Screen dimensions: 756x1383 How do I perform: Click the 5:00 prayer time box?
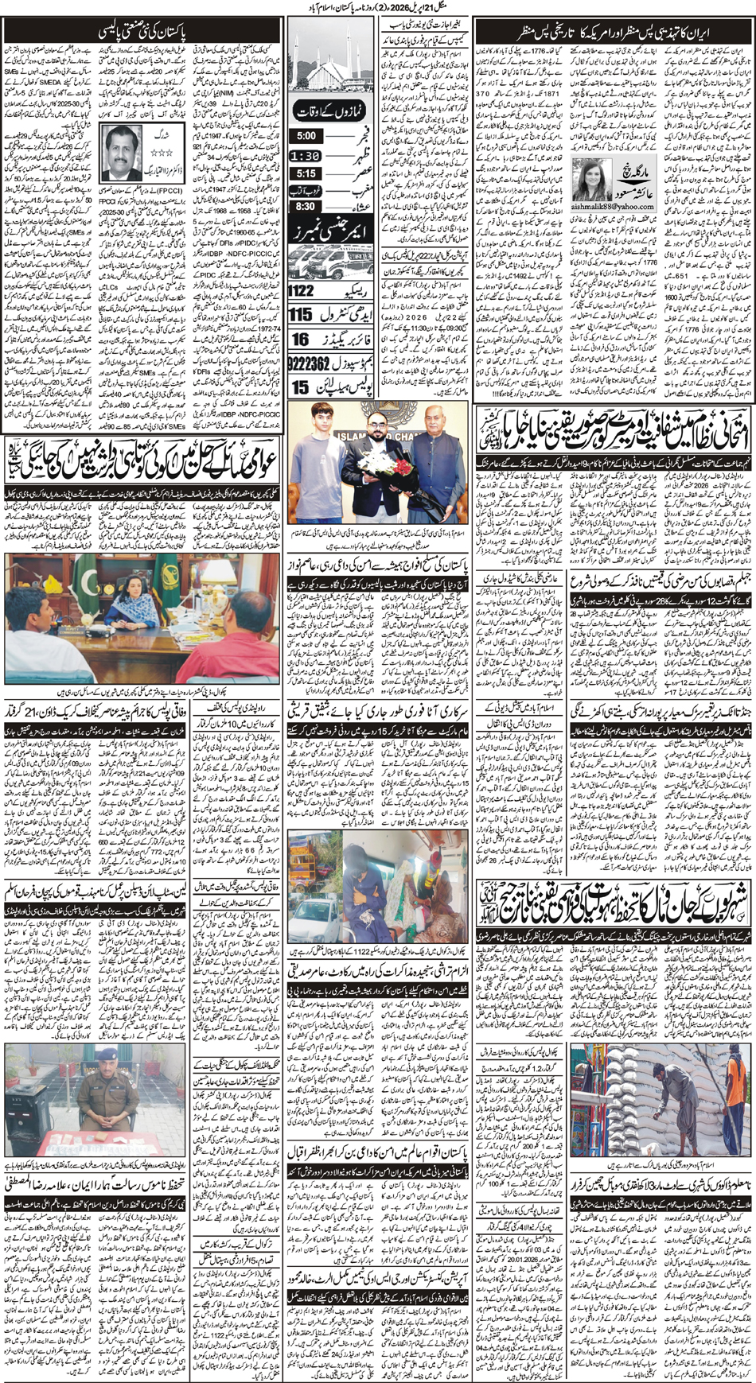[306, 136]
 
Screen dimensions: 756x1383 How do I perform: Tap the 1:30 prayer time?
[306, 156]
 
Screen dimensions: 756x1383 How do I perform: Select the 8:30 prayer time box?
[306, 206]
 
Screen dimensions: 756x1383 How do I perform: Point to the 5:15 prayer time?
[306, 173]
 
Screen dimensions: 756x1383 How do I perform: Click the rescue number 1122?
[302, 290]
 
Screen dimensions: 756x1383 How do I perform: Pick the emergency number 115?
[301, 315]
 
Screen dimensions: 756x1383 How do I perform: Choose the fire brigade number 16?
[300, 340]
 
